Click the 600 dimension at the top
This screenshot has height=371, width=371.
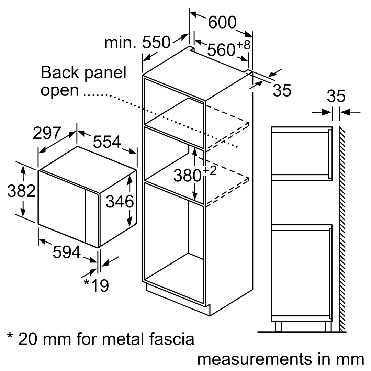tap(223, 23)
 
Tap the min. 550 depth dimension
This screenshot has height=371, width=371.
tap(137, 43)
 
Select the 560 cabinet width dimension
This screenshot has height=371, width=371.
tap(221, 50)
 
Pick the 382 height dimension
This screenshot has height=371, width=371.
tap(21, 191)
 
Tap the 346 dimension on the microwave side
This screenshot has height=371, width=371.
tap(120, 201)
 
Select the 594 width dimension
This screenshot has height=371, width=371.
tap(67, 253)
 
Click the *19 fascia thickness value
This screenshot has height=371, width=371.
tap(96, 285)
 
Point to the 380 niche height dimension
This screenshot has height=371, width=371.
tap(187, 176)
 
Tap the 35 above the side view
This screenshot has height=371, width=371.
tap(336, 97)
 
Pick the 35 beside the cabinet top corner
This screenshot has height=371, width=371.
tap(282, 90)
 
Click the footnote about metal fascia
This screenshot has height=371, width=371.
tap(101, 339)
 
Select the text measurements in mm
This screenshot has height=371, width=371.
tap(281, 359)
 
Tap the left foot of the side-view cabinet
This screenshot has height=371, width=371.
tap(278, 327)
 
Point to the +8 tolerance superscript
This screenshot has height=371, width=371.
tap(243, 45)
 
